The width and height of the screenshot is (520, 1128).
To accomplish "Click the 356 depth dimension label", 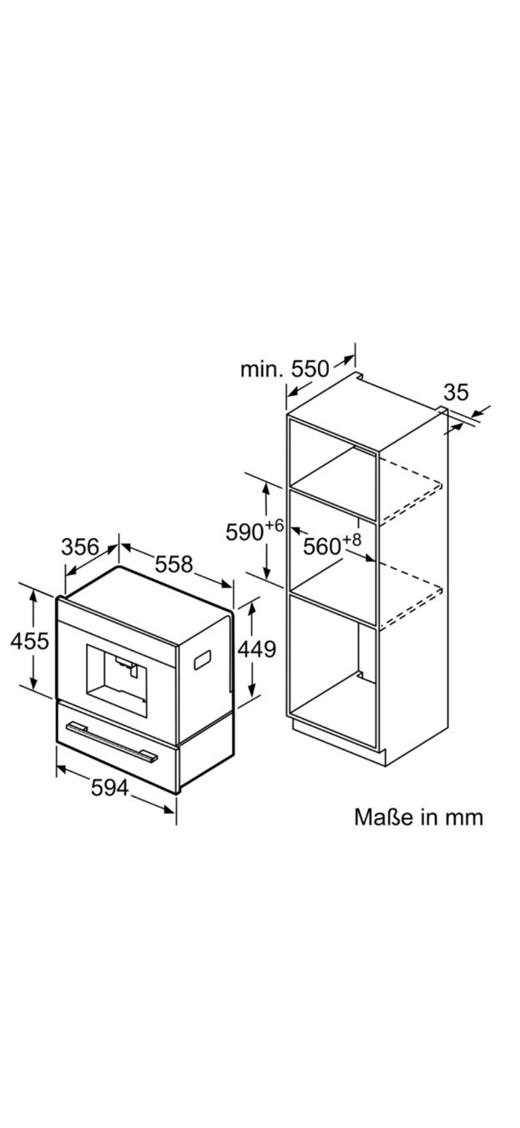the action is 80,546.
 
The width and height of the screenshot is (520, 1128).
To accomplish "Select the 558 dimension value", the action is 174,564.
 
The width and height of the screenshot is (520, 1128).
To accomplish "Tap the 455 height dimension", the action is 30,641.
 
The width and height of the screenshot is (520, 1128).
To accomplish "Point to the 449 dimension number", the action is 257,649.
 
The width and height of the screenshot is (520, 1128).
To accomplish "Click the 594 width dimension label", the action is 110,788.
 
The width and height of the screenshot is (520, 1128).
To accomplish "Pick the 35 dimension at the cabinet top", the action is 456,392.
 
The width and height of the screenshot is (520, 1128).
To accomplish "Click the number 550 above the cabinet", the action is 310,369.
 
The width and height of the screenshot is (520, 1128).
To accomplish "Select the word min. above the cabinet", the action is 261,370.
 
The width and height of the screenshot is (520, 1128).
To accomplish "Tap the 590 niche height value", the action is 245,532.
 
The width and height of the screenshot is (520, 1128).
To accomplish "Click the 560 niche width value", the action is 322,546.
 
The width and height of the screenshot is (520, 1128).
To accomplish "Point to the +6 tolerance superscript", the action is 275,526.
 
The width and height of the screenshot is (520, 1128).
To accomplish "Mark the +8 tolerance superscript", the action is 352,540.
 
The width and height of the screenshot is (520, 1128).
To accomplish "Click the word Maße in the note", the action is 380,817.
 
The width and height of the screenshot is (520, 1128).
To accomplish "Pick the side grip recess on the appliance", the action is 202,659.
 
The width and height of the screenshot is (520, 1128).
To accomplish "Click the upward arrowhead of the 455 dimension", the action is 33,596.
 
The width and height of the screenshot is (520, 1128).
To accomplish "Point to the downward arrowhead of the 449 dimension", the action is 252,689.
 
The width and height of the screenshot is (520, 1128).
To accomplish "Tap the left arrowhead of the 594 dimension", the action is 62,770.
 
